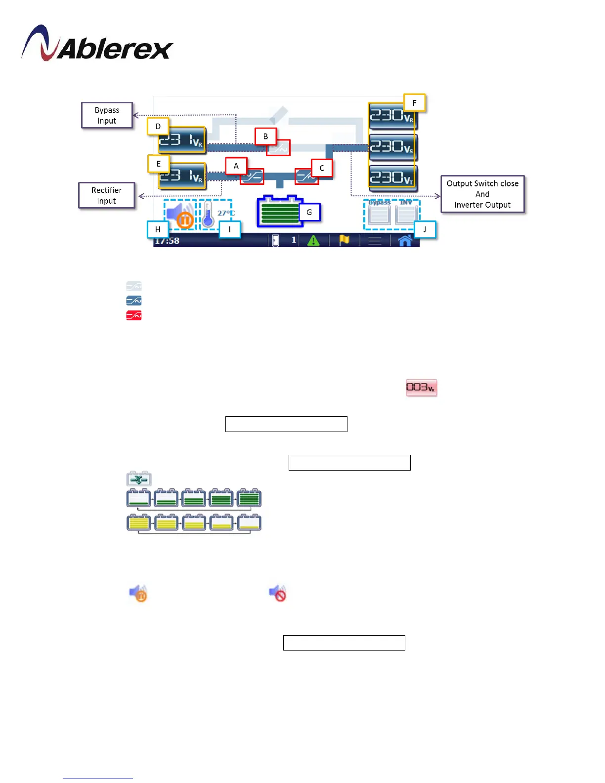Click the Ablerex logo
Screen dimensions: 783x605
(x=97, y=44)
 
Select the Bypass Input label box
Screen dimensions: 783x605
(x=107, y=115)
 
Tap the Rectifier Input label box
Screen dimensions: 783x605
(x=106, y=195)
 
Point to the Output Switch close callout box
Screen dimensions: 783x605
(x=482, y=194)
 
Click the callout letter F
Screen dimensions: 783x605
(x=414, y=103)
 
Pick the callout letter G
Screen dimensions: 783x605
(x=309, y=213)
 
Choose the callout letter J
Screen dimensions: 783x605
(x=425, y=229)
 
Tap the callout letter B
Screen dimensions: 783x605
(x=265, y=136)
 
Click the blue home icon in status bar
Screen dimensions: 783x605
(x=405, y=241)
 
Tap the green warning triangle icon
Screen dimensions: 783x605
(x=313, y=241)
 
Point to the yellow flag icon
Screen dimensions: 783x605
(x=344, y=240)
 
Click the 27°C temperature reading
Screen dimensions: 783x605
(x=226, y=213)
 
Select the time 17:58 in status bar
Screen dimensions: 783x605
(x=167, y=241)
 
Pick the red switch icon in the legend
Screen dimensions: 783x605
(x=134, y=315)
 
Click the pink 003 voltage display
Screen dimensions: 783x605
(x=421, y=388)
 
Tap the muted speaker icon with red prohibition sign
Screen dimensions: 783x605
(x=277, y=593)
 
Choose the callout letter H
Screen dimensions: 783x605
(x=158, y=229)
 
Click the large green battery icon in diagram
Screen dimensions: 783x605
(x=279, y=211)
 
